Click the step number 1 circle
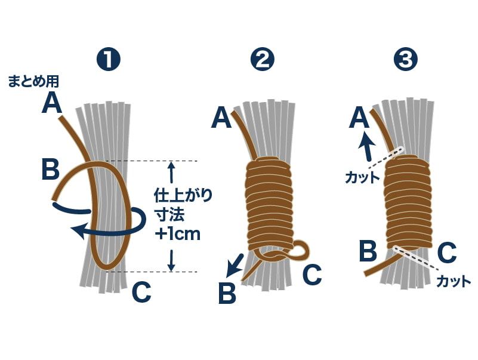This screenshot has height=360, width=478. point(108,60)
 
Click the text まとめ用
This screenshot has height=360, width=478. point(34,82)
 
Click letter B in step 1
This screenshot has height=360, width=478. point(51,169)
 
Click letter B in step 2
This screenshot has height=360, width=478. point(227,293)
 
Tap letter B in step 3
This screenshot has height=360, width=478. point(368,251)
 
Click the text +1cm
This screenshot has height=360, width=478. point(177,233)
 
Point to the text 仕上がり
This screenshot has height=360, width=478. point(183,195)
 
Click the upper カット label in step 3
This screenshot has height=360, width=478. point(362,177)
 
